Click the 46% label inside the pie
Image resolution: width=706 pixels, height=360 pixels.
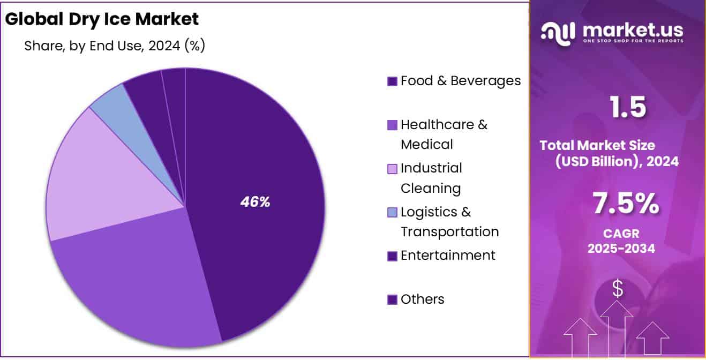(x=255, y=202)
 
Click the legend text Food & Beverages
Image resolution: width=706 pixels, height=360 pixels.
(x=460, y=81)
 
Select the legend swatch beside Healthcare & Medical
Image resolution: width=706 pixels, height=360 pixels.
(x=392, y=125)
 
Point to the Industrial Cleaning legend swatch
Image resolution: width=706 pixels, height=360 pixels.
(x=392, y=169)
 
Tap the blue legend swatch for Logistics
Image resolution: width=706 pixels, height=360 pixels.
(x=392, y=213)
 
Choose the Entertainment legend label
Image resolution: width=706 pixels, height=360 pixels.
(x=448, y=256)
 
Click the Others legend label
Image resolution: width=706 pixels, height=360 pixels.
(x=422, y=299)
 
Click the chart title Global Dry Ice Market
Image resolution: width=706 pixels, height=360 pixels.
(x=102, y=19)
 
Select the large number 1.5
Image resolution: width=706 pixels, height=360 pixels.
(x=628, y=107)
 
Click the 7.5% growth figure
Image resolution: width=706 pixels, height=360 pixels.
(x=626, y=204)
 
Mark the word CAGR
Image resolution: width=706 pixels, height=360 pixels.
(x=620, y=234)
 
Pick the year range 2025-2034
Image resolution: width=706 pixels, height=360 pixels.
(x=620, y=249)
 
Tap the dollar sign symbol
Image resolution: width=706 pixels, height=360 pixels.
(x=618, y=289)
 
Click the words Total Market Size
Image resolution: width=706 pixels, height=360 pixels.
(x=597, y=145)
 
